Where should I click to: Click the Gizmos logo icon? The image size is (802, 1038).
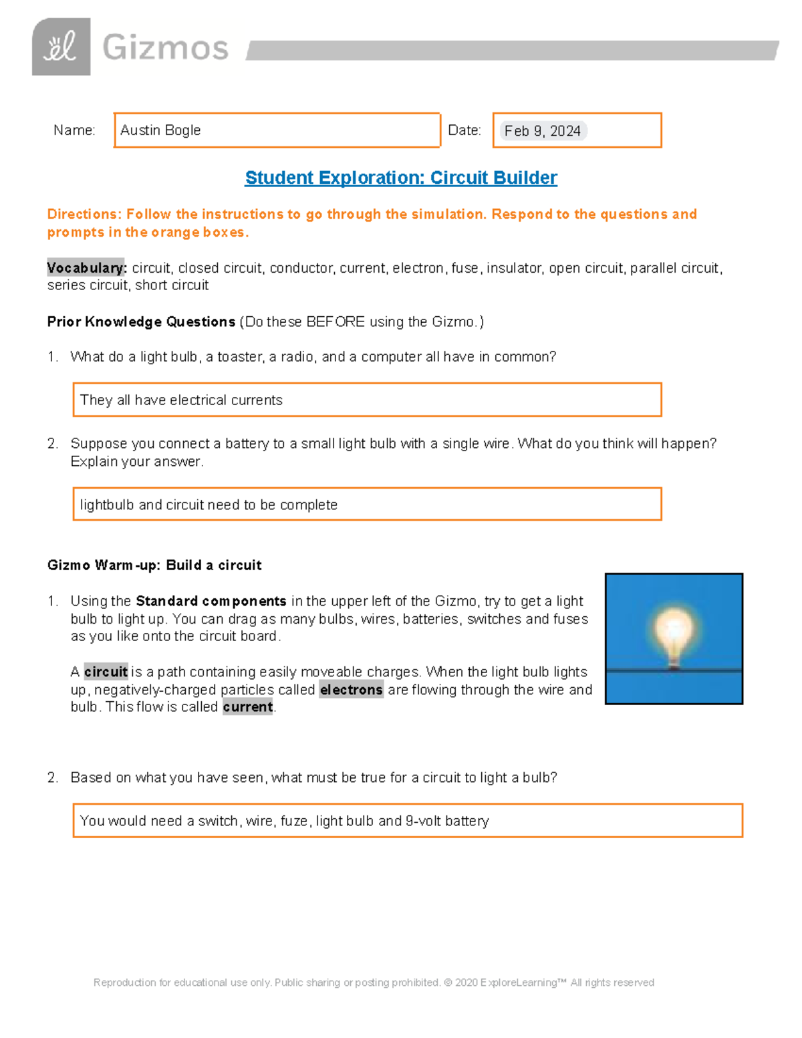click(x=61, y=47)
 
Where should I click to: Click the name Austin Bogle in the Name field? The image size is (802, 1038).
click(x=160, y=130)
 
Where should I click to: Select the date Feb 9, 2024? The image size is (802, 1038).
click(x=542, y=131)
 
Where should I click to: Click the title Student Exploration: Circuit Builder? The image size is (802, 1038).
click(x=401, y=178)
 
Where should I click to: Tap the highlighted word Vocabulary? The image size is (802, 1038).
click(x=86, y=268)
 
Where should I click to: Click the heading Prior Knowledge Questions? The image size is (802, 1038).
click(x=141, y=321)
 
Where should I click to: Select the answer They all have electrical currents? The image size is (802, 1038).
click(x=181, y=400)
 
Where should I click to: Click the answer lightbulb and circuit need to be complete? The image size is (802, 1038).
click(x=209, y=505)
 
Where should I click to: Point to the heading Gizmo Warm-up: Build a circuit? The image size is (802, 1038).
click(x=154, y=565)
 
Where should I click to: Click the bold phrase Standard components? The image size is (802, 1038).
click(x=211, y=601)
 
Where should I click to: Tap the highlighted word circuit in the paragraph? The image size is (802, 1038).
click(x=106, y=672)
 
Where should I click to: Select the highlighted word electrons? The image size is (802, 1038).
click(x=351, y=690)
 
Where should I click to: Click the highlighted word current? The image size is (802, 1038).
click(x=248, y=707)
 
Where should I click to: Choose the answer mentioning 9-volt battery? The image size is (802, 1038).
click(x=284, y=821)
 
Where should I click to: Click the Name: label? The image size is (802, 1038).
click(x=74, y=130)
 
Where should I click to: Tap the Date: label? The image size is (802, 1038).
click(x=464, y=130)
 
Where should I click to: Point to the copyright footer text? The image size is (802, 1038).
click(x=374, y=983)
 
